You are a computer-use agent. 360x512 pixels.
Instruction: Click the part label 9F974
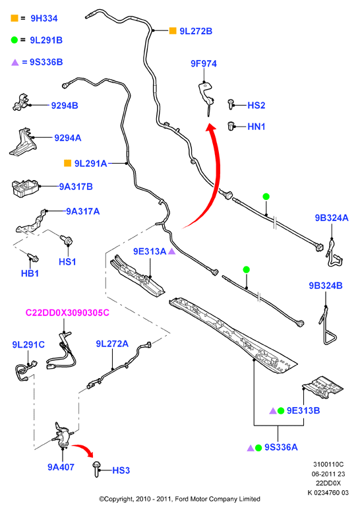(204, 63)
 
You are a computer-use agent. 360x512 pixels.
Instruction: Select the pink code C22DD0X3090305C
(67, 313)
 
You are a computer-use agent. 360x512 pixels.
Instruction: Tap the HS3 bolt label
(121, 470)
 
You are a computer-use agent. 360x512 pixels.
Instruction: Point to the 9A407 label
(61, 467)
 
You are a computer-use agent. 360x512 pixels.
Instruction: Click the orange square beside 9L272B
(173, 31)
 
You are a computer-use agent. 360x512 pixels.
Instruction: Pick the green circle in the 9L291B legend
(15, 40)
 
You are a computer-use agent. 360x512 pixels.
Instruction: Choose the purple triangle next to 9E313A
(171, 251)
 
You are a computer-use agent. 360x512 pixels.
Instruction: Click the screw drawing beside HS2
(231, 104)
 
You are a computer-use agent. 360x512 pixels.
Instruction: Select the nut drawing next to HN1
(231, 126)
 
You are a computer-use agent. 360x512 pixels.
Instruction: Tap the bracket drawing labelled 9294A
(22, 142)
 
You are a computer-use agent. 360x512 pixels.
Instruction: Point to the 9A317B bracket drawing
(25, 188)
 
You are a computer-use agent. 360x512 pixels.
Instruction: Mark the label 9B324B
(326, 286)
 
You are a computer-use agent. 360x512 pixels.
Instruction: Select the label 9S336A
(281, 447)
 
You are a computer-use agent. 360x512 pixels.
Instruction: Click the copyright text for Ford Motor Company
(179, 499)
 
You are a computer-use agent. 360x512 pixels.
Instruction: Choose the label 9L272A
(112, 344)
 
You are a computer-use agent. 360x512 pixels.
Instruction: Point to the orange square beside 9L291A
(67, 163)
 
